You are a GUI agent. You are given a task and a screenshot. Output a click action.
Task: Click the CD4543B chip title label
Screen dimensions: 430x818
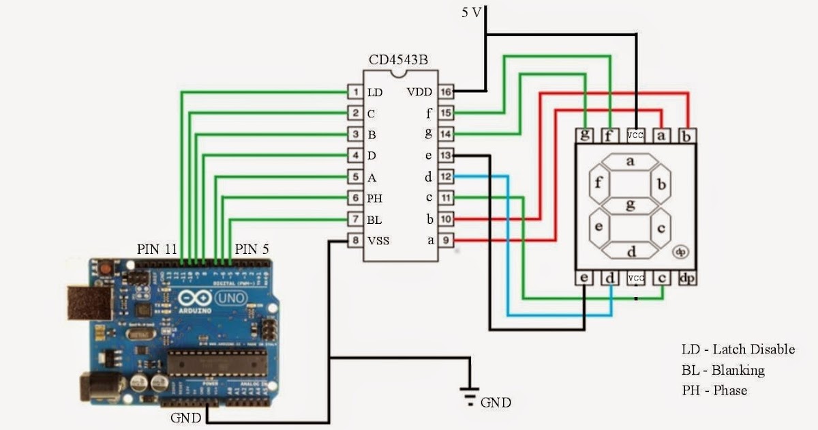point(399,60)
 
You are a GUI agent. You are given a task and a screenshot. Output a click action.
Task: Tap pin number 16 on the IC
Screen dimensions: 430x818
point(445,91)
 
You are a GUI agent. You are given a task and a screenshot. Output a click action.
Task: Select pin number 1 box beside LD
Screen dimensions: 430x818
point(354,92)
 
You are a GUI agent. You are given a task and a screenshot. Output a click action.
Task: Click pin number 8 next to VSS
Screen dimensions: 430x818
point(354,240)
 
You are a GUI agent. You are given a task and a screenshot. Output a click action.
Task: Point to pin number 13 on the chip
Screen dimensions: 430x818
point(445,156)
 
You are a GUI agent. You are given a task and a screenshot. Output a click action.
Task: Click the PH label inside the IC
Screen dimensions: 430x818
point(374,199)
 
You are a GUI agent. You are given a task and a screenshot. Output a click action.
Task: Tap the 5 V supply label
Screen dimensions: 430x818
point(470,12)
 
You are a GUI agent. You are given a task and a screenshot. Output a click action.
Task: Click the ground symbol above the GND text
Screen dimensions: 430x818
point(468,395)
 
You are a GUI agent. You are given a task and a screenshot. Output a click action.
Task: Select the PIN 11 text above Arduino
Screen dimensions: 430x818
point(157,249)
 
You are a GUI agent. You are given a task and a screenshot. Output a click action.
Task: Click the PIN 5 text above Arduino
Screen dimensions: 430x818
point(252,249)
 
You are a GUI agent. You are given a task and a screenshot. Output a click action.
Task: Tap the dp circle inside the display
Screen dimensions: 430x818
point(680,252)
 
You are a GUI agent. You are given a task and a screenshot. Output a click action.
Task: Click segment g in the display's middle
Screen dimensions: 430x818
point(631,203)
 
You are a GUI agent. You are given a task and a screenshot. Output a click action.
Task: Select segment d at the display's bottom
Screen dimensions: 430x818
point(631,251)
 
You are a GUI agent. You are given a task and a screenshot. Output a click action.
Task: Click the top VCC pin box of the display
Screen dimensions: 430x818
point(635,136)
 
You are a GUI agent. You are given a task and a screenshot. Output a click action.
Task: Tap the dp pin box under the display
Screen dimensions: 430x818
point(687,278)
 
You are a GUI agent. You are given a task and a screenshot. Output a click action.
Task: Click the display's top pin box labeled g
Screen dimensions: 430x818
point(585,136)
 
